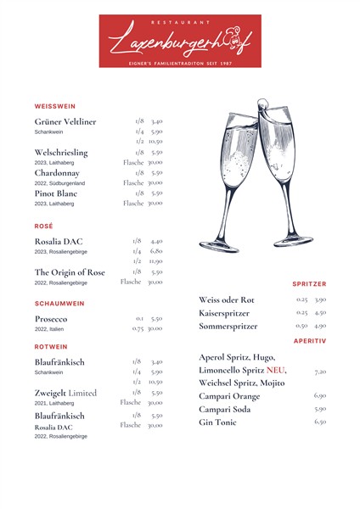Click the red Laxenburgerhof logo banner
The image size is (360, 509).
tap(180, 41)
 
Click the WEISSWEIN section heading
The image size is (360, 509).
tap(55, 106)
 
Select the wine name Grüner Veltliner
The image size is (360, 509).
tap(65, 122)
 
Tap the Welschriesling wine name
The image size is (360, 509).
tap(61, 153)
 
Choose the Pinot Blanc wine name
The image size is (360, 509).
tap(58, 193)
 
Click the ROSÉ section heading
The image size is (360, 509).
tap(44, 227)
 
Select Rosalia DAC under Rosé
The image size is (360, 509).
tap(59, 242)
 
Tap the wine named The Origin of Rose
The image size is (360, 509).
tap(70, 272)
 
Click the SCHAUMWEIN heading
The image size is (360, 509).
tap(59, 303)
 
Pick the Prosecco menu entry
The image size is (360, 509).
tap(51, 319)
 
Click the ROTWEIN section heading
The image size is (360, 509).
tap(52, 347)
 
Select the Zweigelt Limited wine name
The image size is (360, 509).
tap(65, 394)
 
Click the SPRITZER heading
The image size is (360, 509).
tap(309, 284)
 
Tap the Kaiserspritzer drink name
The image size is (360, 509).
tap(224, 313)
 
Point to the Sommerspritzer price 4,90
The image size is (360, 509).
tap(320, 326)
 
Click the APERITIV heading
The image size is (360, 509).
tap(310, 341)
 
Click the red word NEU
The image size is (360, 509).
tap(275, 371)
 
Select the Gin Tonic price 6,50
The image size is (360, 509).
tap(320, 422)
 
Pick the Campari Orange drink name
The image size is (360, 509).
tap(229, 396)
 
